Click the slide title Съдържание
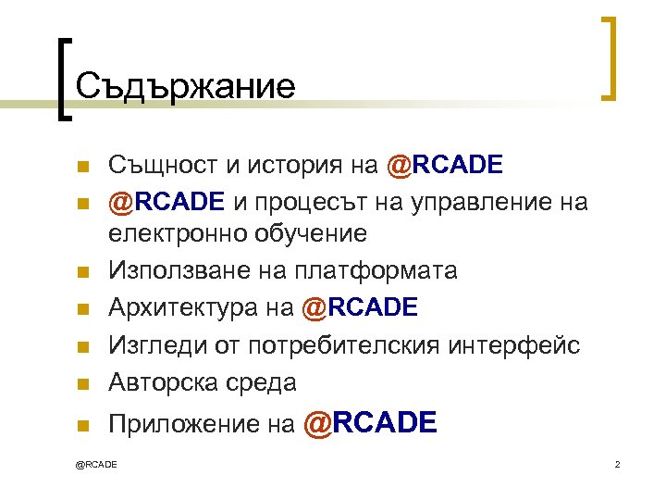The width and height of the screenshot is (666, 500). [186, 87]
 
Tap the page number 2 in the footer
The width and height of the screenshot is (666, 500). [616, 463]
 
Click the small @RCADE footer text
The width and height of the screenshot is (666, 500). [96, 463]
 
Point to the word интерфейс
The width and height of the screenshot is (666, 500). [527, 344]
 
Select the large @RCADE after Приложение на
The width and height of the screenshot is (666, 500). [370, 423]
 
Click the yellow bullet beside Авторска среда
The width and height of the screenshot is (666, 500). [81, 382]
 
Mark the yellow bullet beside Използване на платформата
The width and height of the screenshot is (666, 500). [81, 271]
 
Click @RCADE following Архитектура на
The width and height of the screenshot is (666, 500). [360, 307]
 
